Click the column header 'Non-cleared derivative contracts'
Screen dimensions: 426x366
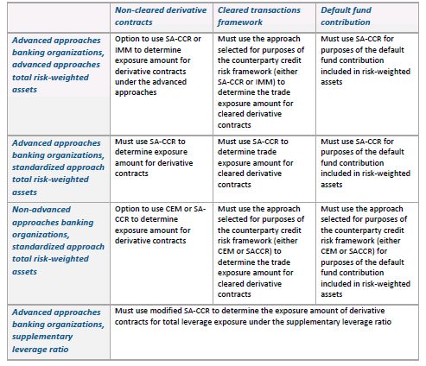tap(161, 16)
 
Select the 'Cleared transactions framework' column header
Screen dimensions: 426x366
tap(259, 16)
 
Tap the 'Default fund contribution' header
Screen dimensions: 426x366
tap(346, 16)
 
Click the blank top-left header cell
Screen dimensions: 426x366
tap(59, 17)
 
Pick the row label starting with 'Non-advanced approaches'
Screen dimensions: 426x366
tap(58, 241)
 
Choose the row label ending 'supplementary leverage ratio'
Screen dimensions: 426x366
tap(58, 331)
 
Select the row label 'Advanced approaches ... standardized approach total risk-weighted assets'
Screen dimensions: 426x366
tap(58, 167)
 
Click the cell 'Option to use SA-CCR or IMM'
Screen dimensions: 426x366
tap(158, 66)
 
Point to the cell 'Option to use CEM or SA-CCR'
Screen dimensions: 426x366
tap(160, 224)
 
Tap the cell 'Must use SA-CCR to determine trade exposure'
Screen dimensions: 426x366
tap(255, 163)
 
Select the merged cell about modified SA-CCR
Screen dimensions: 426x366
tap(252, 316)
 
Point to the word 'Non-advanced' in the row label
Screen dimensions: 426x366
tap(41, 209)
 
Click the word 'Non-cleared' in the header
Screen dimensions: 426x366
tap(136, 10)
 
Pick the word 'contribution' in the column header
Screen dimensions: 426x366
tap(346, 22)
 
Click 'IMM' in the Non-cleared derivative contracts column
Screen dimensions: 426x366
tap(124, 50)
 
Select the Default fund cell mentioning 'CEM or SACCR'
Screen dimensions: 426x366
tap(366, 251)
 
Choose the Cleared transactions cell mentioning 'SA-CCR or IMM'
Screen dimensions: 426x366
tap(261, 82)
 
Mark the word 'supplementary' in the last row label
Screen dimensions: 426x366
tap(42, 337)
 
